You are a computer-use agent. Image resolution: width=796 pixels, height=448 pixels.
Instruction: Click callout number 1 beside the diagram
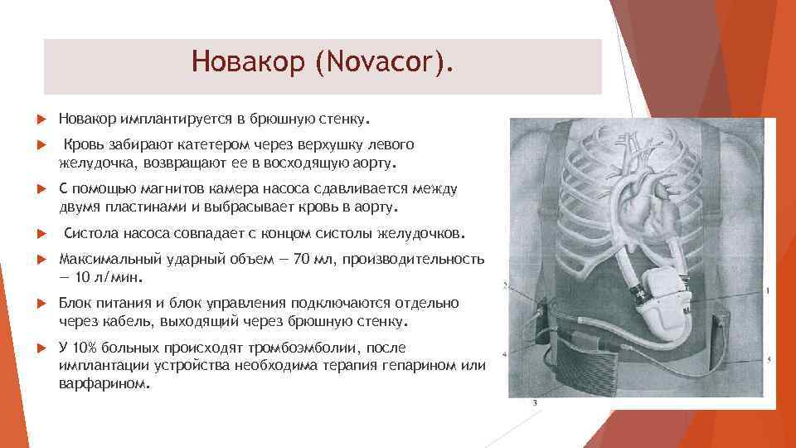click(x=768, y=290)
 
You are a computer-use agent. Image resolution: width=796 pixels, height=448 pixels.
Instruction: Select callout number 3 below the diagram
click(x=535, y=402)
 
